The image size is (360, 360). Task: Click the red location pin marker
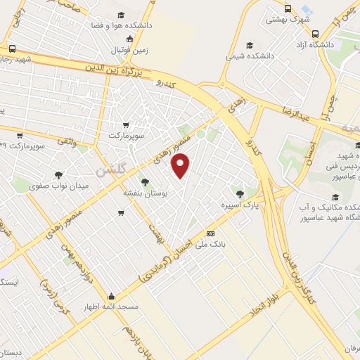[x=181, y=165]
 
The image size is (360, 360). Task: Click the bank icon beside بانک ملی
[x=210, y=233]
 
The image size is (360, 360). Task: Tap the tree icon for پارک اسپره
[x=240, y=193]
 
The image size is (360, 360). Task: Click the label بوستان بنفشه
[x=145, y=193]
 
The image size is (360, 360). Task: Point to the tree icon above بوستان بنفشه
[x=145, y=182]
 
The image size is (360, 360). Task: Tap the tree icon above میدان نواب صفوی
[x=58, y=175]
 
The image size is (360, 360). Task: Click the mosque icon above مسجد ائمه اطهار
[x=110, y=297]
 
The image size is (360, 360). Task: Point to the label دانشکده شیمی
[x=251, y=53]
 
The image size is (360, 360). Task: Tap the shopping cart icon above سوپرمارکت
[x=126, y=124]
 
